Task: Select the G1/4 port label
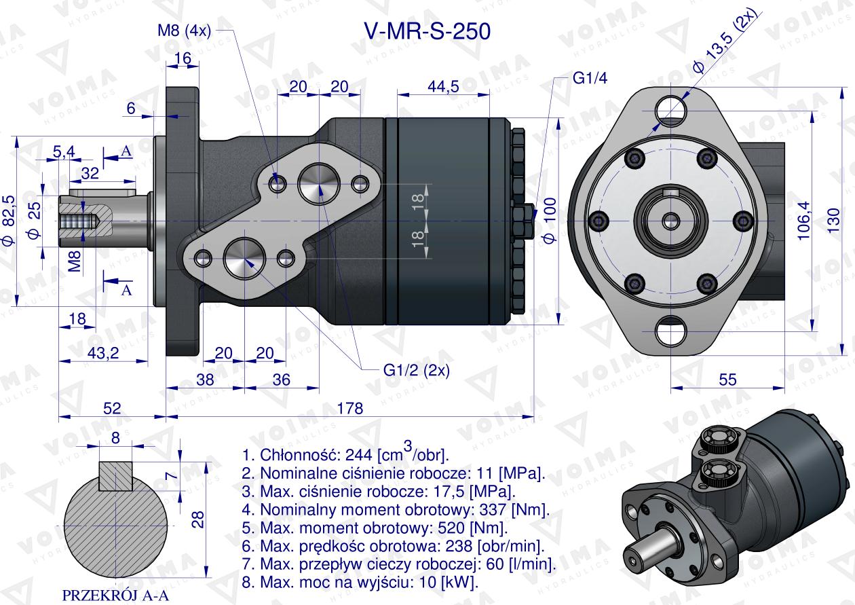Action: tap(590, 78)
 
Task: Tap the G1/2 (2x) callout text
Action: tap(416, 370)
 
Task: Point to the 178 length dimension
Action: tap(350, 408)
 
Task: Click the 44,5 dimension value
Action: tap(443, 86)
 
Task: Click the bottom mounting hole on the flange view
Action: tap(671, 333)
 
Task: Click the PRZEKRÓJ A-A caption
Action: tap(115, 595)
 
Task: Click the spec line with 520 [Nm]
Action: tap(375, 528)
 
